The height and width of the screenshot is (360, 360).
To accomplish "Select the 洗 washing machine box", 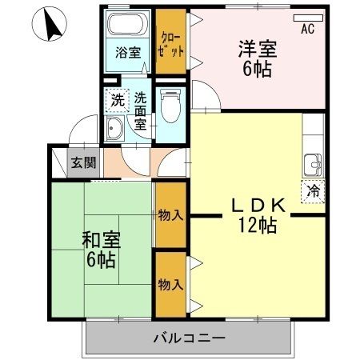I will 117,101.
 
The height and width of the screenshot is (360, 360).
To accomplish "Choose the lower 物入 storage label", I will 170,285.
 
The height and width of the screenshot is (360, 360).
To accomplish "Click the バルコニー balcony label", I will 189,338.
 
